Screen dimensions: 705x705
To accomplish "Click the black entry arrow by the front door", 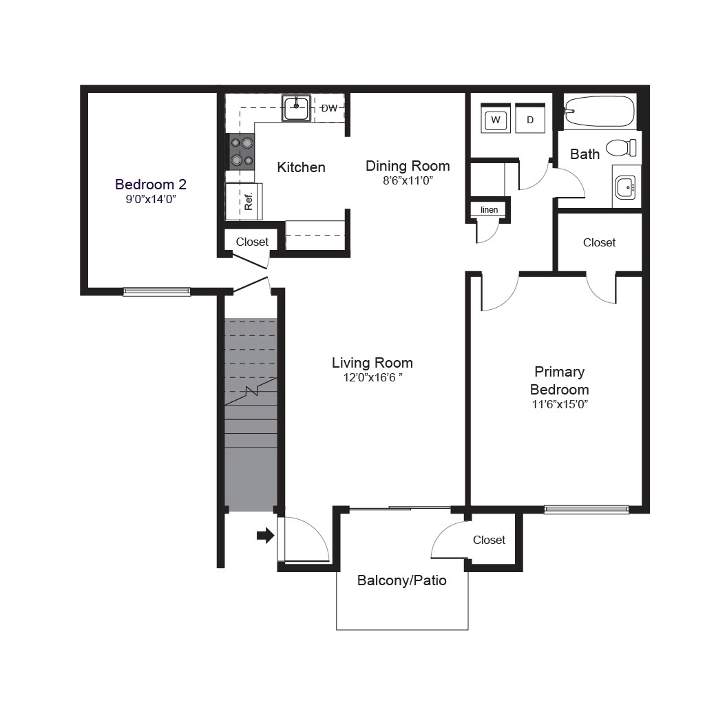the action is [265, 536].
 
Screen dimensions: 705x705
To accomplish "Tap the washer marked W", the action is [496, 118].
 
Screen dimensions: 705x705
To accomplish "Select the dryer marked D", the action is [530, 118].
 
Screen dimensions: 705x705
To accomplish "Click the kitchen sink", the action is [296, 108].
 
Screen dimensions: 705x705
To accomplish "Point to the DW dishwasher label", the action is [330, 108].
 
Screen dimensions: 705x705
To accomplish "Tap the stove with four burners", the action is [242, 151].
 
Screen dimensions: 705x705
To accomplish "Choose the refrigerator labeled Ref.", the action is [244, 202].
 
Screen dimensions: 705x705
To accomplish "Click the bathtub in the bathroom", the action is [600, 112].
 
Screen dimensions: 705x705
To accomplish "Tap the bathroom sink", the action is [625, 187].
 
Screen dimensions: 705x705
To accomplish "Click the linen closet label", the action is [490, 209].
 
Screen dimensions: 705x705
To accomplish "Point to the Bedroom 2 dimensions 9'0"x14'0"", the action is [151, 199].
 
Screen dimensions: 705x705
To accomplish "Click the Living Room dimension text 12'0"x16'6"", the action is [372, 377].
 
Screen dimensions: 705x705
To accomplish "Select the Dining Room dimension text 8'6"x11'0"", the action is [408, 180].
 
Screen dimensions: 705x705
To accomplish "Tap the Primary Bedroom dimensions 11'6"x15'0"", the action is [560, 403].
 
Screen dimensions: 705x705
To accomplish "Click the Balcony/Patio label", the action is [402, 580].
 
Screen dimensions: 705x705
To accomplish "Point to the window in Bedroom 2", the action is [157, 292].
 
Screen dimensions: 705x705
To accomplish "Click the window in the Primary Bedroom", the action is [587, 509].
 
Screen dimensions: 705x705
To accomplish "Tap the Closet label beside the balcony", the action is [490, 540].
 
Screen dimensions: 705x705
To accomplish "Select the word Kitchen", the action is [302, 167].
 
